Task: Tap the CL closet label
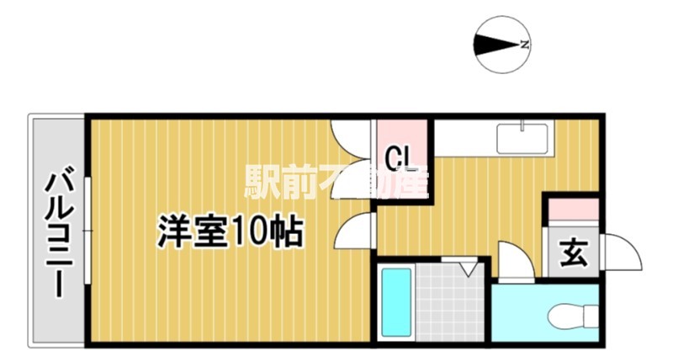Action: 399,157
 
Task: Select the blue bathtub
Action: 395,302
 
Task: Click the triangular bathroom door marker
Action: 469,268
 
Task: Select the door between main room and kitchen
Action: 357,231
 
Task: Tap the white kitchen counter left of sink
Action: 463,137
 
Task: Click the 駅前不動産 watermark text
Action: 336,180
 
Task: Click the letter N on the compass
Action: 524,45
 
